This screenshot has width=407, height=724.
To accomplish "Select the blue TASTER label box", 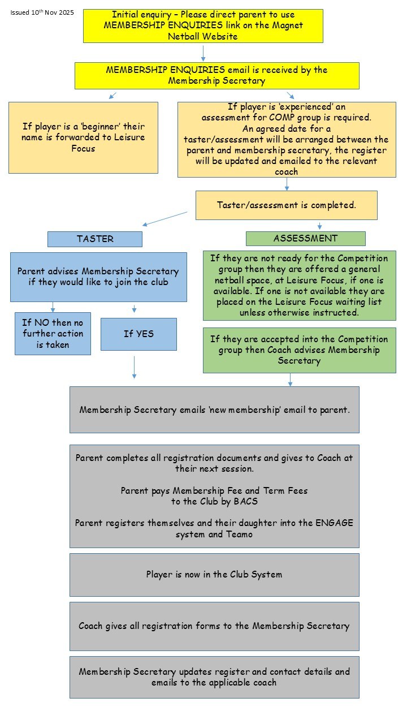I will coord(94,239).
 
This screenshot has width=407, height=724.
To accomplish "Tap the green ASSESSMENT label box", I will coord(305,238).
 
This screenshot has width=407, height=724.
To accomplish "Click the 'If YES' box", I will coord(138,334).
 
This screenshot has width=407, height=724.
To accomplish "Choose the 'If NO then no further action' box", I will coord(53,333).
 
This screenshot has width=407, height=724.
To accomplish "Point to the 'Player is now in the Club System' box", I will coord(214,574).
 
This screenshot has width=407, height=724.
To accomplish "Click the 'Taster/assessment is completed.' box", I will coord(286,205).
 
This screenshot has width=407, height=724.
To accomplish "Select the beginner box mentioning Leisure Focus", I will coord(83,137).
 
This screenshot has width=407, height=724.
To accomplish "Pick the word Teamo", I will coord(239,533).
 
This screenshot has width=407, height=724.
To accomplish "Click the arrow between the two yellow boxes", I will coord(203,53).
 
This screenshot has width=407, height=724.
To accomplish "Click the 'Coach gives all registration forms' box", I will coord(214,626).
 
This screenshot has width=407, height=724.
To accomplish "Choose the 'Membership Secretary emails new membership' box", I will coord(214,410).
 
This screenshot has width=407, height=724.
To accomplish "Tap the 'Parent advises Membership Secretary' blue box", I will coord(98,277).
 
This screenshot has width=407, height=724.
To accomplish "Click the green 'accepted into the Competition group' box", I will coord(299,350).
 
